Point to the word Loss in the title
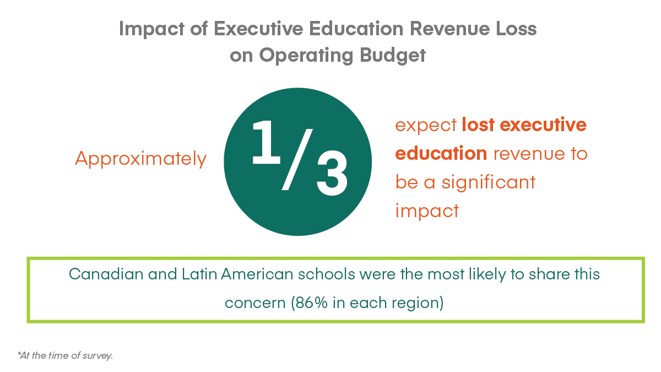(x=515, y=29)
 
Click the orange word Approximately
(x=140, y=159)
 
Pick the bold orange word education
(x=441, y=153)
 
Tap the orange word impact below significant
(x=427, y=211)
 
